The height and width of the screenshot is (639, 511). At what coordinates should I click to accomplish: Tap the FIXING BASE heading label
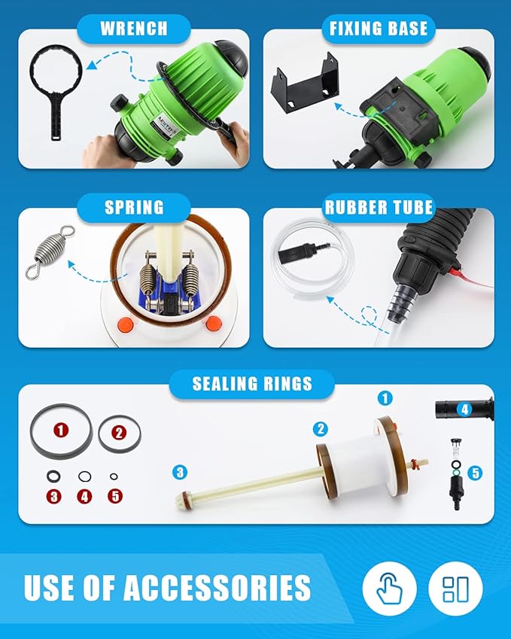379,29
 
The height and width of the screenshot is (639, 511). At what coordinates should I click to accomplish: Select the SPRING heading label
134,206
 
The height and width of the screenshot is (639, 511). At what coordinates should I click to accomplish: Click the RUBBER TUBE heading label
379,206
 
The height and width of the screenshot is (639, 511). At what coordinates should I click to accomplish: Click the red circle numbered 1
61,431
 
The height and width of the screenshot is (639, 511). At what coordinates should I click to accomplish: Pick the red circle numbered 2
119,432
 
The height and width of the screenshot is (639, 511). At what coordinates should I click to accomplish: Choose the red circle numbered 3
53,496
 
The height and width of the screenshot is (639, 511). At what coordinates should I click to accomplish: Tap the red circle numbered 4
84,496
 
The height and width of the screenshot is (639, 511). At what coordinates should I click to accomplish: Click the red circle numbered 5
114,496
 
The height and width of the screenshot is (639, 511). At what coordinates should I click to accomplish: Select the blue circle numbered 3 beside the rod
179,473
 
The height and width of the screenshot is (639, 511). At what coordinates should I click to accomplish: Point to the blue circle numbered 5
475,473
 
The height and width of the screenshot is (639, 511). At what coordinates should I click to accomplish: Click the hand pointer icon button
389,589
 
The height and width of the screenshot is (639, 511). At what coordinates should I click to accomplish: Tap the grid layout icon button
455,589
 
